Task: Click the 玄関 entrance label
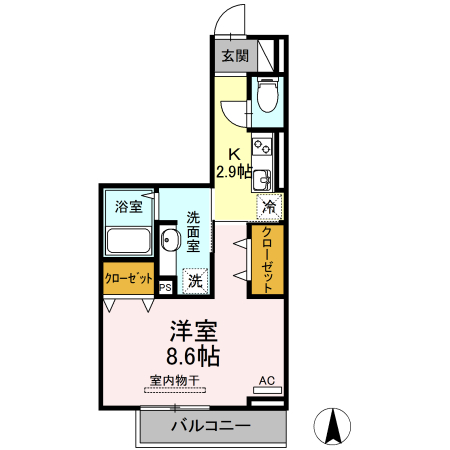pos(234,55)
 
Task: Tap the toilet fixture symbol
pos(267,97)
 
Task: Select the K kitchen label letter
pos(234,155)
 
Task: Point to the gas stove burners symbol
pos(264,149)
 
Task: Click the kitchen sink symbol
pos(261,180)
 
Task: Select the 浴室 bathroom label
pos(128,207)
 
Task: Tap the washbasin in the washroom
pos(171,242)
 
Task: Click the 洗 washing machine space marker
pos(196,281)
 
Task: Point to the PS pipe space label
pos(166,285)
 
